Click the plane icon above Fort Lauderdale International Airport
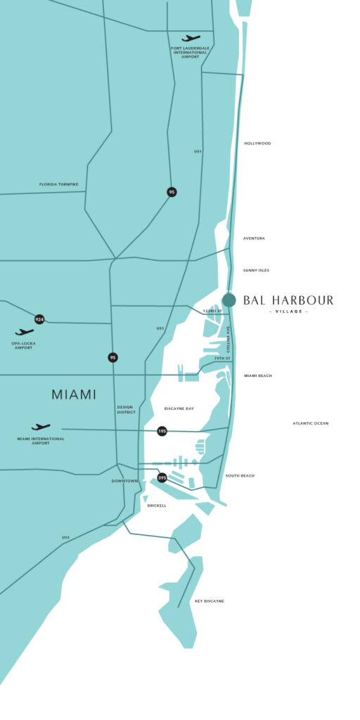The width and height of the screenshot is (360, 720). tap(191, 38)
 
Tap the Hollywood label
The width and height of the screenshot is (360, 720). tap(257, 143)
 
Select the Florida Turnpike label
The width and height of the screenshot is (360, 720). tap(58, 185)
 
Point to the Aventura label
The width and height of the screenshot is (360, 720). tap(254, 238)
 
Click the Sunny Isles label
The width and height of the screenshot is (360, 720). tap(256, 270)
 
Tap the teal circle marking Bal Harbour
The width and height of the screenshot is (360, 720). tap(229, 300)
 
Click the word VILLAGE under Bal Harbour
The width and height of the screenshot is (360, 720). tap(288, 311)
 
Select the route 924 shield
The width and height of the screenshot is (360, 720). tap(39, 319)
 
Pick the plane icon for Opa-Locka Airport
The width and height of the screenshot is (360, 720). tap(25, 332)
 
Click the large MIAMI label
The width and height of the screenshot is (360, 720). tap(74, 395)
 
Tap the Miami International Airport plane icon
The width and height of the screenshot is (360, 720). tap(41, 427)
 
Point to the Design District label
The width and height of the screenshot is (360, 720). tap(127, 410)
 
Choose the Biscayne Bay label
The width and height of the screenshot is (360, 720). tap(179, 409)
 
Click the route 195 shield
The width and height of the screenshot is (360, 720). tap(162, 431)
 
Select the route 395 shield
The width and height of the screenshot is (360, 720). tap(162, 478)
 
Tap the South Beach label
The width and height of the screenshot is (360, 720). tap(240, 476)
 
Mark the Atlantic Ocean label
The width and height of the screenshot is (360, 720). tap(310, 423)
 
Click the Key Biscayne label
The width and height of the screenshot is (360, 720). tap(210, 601)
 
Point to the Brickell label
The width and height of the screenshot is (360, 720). tap(157, 506)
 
